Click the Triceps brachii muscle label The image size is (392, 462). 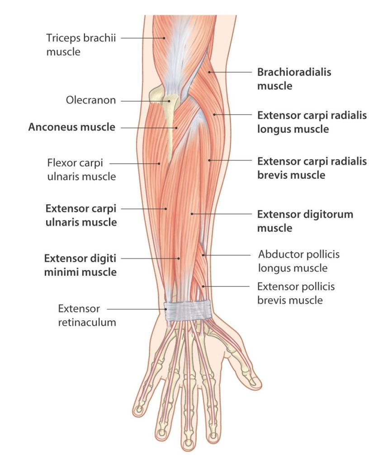(81, 45)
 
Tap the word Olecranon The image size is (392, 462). (90, 100)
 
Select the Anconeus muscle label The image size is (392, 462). (72, 127)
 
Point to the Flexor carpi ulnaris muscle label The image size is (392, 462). (81, 170)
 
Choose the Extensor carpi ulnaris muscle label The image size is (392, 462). (81, 215)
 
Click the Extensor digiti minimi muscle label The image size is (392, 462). (80, 265)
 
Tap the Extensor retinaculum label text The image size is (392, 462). (87, 315)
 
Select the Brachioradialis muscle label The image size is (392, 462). (294, 79)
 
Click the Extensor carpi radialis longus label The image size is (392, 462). (312, 122)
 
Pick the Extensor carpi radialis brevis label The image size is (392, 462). (312, 168)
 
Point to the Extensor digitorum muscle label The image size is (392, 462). (305, 221)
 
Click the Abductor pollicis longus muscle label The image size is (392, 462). (299, 261)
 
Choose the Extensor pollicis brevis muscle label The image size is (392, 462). (296, 293)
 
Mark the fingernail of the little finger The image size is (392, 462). (138, 410)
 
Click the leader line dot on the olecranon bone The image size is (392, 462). (170, 101)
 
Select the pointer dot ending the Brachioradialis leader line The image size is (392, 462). (209, 72)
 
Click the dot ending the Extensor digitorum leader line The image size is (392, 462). (192, 214)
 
